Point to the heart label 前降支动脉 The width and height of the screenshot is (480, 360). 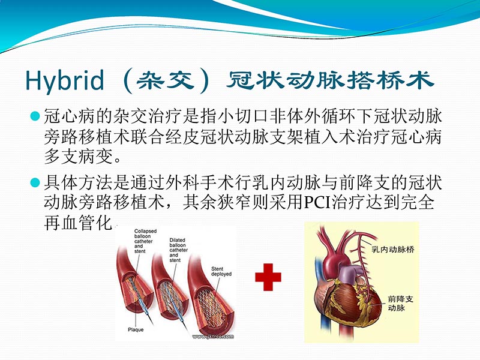pyautogui.click(x=400, y=303)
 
